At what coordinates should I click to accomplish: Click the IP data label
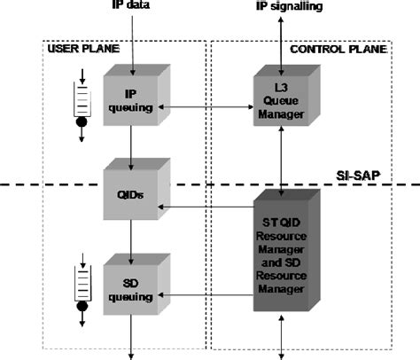point(131,7)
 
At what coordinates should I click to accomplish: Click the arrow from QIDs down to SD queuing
point(131,239)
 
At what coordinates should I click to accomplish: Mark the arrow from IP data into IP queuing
point(131,44)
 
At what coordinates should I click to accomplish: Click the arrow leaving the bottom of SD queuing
point(132,342)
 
